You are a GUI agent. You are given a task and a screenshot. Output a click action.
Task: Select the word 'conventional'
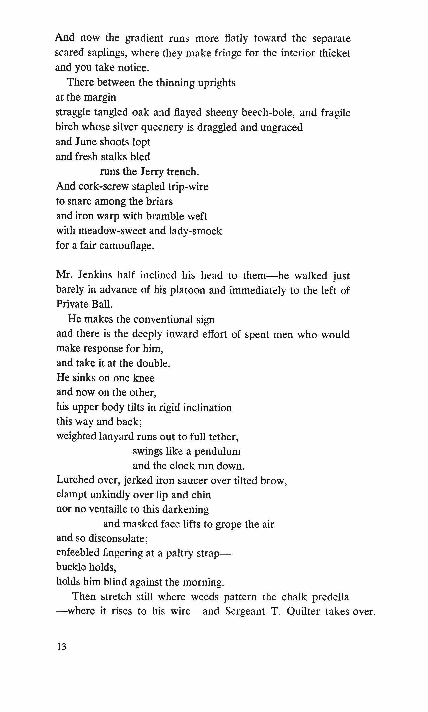[163, 320]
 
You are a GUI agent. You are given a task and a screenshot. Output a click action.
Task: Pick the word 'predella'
[330, 597]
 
